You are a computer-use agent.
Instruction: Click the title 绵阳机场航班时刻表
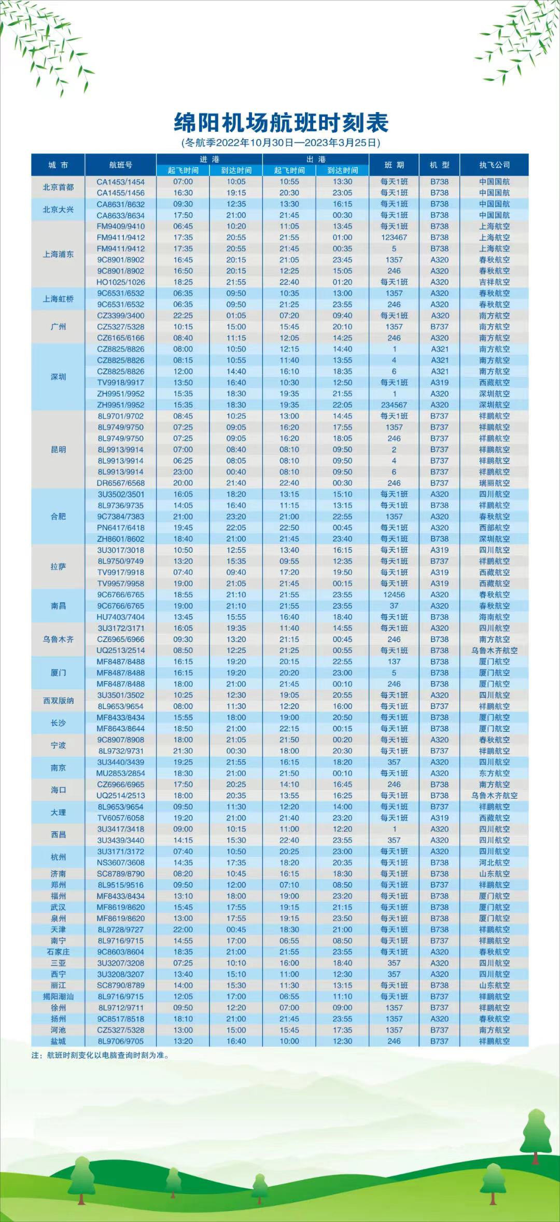pos(281,123)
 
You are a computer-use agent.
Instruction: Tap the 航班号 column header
pos(120,165)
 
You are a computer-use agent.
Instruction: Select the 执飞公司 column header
pos(494,165)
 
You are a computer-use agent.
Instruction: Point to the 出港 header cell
pos(315,159)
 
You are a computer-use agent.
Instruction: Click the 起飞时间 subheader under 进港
pos(183,171)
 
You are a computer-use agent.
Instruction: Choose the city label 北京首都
pos(58,187)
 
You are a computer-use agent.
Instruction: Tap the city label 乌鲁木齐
pos(58,640)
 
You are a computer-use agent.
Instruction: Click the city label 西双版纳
pos(58,701)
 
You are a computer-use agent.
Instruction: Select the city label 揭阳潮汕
pos(58,996)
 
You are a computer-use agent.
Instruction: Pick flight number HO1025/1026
pos(120,282)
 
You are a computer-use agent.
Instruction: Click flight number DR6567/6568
pos(120,483)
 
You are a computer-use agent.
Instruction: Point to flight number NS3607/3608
pos(120,863)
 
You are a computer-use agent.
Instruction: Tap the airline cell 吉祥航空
pos(494,282)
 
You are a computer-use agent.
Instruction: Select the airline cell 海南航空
pos(494,617)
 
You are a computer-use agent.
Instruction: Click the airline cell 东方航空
pos(494,773)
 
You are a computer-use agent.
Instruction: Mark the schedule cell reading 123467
pos(394,238)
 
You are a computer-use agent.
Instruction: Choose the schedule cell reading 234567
pos(394,405)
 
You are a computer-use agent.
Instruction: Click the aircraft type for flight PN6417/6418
pos(439,528)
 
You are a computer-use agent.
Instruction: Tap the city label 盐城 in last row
pos(58,1041)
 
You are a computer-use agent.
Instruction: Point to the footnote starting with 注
pos(100,1055)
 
